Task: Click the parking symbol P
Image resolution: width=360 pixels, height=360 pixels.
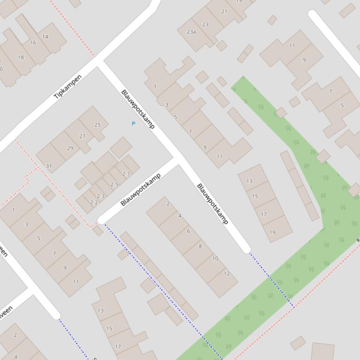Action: coord(133,123)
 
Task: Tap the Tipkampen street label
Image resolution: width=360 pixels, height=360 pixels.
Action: coord(68,87)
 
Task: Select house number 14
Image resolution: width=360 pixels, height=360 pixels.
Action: coord(45,36)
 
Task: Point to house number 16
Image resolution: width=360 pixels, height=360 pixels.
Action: coord(33,43)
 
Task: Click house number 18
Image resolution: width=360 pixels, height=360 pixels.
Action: coord(21,58)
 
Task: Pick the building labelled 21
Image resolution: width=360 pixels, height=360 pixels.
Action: coord(224,12)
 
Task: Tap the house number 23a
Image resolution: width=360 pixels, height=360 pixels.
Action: coord(191,32)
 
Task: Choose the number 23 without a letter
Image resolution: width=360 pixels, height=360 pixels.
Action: coord(206,24)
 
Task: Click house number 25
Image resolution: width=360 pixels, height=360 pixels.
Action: coord(97,124)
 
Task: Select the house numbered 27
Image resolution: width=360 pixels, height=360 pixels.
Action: coord(82,137)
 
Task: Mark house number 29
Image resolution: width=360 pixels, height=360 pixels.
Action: coord(70,148)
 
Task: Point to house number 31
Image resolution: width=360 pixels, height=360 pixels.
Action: coord(49,166)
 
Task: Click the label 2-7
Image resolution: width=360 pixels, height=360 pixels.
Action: coord(126,174)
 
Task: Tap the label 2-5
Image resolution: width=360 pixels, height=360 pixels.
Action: coord(114,184)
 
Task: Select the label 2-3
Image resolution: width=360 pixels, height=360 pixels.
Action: coord(101,196)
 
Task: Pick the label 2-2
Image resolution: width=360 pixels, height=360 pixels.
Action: coord(94,202)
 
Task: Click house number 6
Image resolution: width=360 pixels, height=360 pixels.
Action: coord(189,231)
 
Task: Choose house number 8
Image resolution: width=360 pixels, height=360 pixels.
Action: coord(200,246)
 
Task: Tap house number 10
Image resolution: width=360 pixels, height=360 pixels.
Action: coord(215,258)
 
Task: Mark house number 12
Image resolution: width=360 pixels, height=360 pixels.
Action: coord(227,274)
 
